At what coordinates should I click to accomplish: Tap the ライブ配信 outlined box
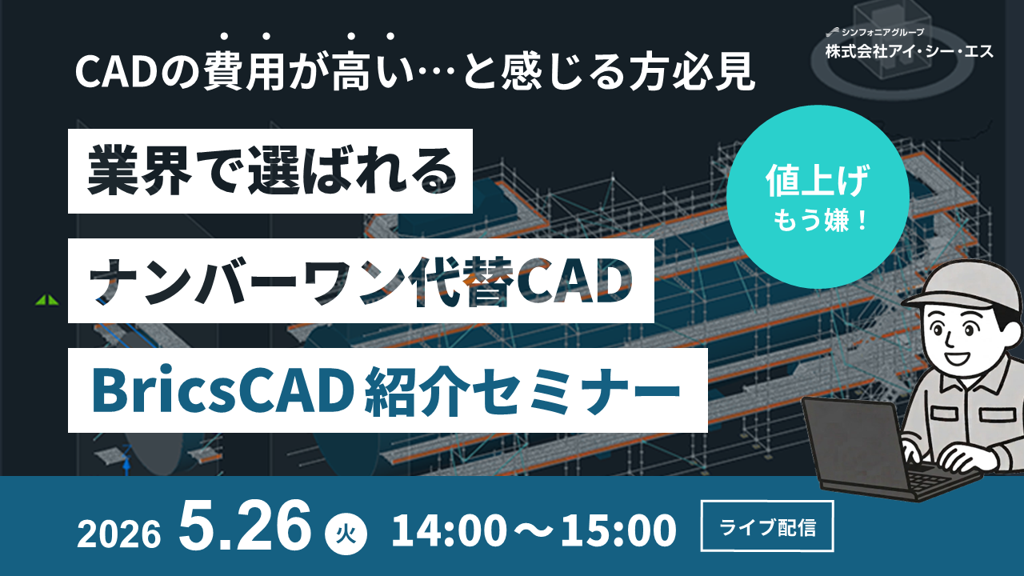pos(767,527)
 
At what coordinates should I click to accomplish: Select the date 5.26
pos(246,526)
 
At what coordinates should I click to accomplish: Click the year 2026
pos(119,533)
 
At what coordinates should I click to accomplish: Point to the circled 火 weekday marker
pos(346,532)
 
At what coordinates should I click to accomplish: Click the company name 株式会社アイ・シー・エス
pos(910,52)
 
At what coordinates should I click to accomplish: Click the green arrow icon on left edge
pos(46,301)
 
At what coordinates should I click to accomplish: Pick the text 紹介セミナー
pos(529,390)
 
